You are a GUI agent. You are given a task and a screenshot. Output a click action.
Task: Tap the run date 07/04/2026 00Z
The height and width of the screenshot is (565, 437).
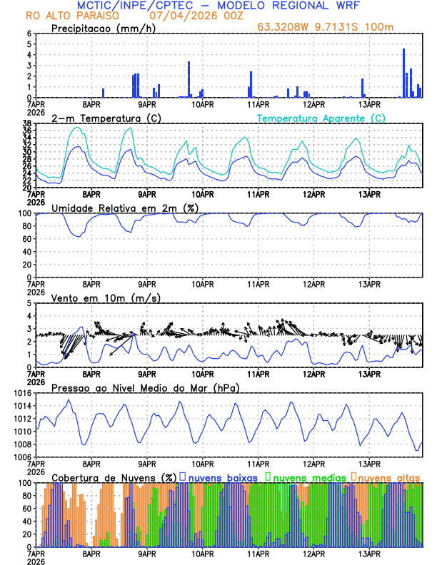[195, 16]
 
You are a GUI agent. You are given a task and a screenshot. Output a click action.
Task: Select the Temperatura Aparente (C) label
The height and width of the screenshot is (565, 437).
[321, 118]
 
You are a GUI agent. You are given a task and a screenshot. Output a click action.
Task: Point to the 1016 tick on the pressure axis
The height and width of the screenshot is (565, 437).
[22, 393]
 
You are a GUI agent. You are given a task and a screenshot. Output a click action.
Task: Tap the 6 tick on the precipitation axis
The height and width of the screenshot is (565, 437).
[29, 34]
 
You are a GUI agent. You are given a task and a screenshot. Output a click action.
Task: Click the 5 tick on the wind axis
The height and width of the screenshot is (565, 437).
[29, 303]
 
